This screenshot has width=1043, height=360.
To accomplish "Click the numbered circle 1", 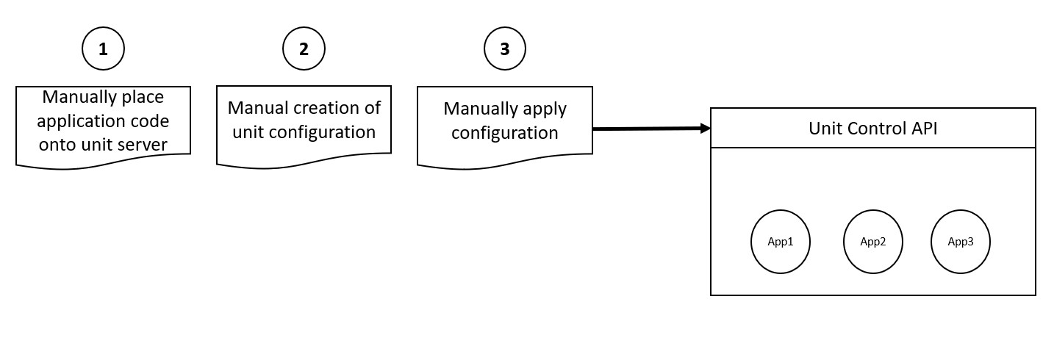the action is point(103,48).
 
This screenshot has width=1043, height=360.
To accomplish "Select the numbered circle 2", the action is point(304,48).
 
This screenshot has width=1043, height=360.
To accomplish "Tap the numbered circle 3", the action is point(505,48).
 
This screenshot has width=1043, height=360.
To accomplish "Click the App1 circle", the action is point(781,242).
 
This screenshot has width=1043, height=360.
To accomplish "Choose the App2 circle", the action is point(873,242).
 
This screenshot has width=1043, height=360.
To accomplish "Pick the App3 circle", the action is point(961,242).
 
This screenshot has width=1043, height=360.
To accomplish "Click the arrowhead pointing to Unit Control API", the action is point(706,129).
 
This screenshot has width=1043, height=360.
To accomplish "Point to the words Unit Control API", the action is point(873,129).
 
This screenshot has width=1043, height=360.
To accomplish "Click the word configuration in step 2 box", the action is point(323,133).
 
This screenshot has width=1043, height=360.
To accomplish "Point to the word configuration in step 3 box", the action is point(505,134).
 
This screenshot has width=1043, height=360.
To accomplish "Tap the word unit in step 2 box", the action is point(248,132).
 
